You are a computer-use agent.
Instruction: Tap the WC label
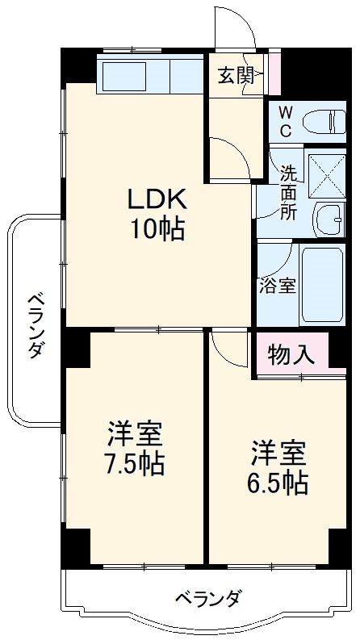287,120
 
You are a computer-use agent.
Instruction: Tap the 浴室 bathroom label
277,285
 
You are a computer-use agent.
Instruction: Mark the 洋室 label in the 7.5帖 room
136,434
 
